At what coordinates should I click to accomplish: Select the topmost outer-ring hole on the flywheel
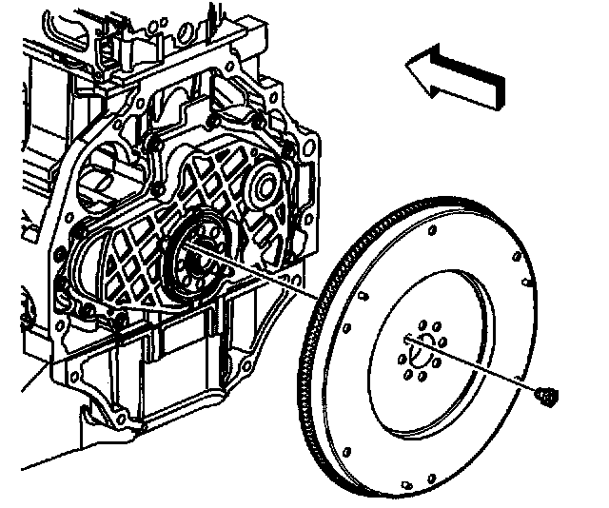tap(434, 229)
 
